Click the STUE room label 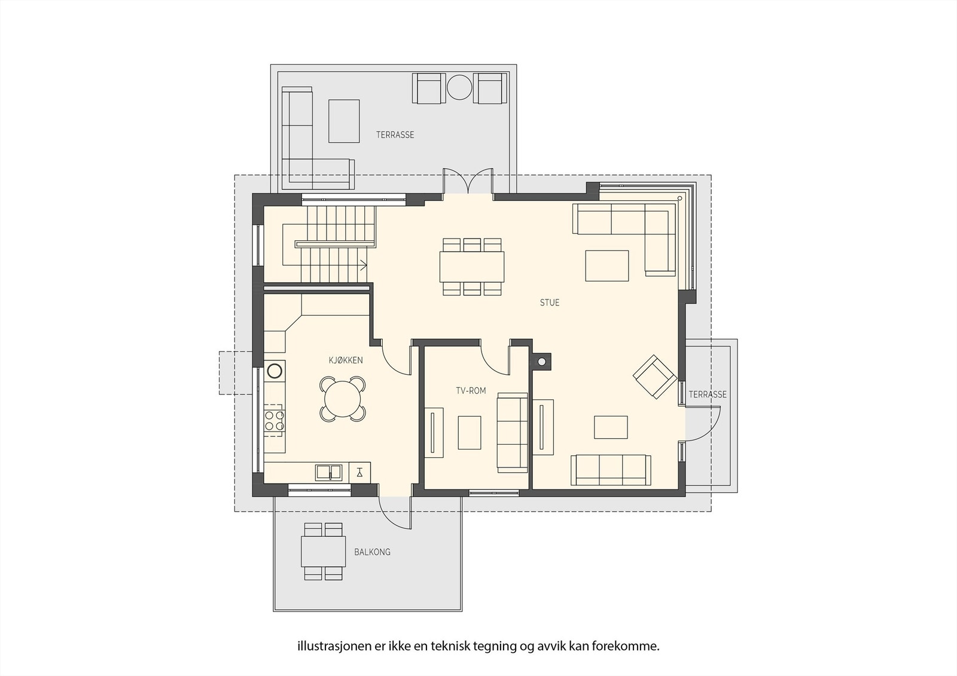click(x=549, y=302)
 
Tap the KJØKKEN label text click(x=345, y=360)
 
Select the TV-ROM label click(x=471, y=390)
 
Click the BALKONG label click(x=372, y=552)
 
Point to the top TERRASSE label click(x=395, y=134)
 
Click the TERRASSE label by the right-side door click(x=708, y=394)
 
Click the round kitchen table click(x=343, y=399)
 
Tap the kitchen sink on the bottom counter click(x=328, y=472)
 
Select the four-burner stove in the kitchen click(x=275, y=420)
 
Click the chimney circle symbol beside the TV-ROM click(x=542, y=362)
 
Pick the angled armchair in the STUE click(x=655, y=377)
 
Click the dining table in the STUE click(x=471, y=267)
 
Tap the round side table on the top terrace click(x=459, y=88)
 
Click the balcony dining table click(x=323, y=552)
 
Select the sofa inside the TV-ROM click(x=513, y=433)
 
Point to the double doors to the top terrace click(x=468, y=183)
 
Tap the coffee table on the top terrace click(x=344, y=121)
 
